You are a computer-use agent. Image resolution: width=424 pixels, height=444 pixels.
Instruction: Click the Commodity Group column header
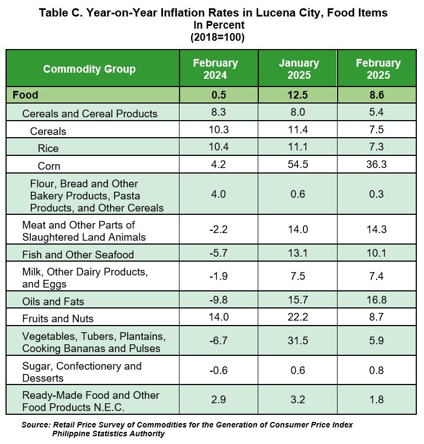point(89,69)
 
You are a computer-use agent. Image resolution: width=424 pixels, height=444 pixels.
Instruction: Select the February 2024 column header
point(215,69)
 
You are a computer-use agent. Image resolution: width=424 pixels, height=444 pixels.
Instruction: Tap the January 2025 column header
point(299,69)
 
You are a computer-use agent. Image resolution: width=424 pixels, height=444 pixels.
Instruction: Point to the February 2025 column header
point(378,69)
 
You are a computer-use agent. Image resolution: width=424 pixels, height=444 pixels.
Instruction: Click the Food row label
point(25,95)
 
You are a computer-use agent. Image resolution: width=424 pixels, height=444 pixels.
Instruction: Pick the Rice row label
point(48,148)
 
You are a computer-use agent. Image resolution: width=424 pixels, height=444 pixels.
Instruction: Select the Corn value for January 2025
point(298,164)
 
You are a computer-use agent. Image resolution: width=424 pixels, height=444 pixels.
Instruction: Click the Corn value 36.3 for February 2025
point(377,164)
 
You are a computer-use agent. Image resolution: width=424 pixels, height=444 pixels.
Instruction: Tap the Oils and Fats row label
point(53,301)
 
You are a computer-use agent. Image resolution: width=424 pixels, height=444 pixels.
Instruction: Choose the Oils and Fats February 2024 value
point(219,300)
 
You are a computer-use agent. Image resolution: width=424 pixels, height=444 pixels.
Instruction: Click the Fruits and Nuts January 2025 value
point(298,317)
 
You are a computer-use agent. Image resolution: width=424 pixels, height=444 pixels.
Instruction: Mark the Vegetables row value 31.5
point(298,340)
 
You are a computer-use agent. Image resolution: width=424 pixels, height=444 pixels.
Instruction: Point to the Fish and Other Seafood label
point(78,255)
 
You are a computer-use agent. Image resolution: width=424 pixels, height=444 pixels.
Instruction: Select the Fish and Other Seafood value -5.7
point(219,253)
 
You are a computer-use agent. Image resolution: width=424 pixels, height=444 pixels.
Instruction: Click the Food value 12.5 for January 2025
point(298,95)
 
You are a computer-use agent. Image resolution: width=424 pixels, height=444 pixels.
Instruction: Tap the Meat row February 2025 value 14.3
point(377,229)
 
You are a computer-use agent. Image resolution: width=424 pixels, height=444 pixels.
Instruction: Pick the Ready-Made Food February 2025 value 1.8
point(377,399)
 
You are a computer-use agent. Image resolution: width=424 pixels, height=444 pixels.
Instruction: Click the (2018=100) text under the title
point(218,37)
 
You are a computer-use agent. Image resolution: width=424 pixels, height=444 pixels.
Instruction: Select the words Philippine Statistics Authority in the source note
point(108,434)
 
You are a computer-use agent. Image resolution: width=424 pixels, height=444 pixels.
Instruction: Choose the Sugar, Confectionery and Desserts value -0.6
point(219,370)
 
